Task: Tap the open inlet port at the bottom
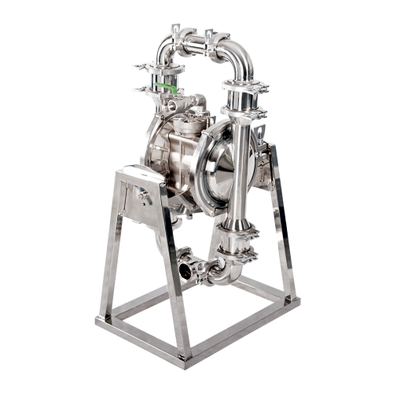point(185,271)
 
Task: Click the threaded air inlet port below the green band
point(171,105)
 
